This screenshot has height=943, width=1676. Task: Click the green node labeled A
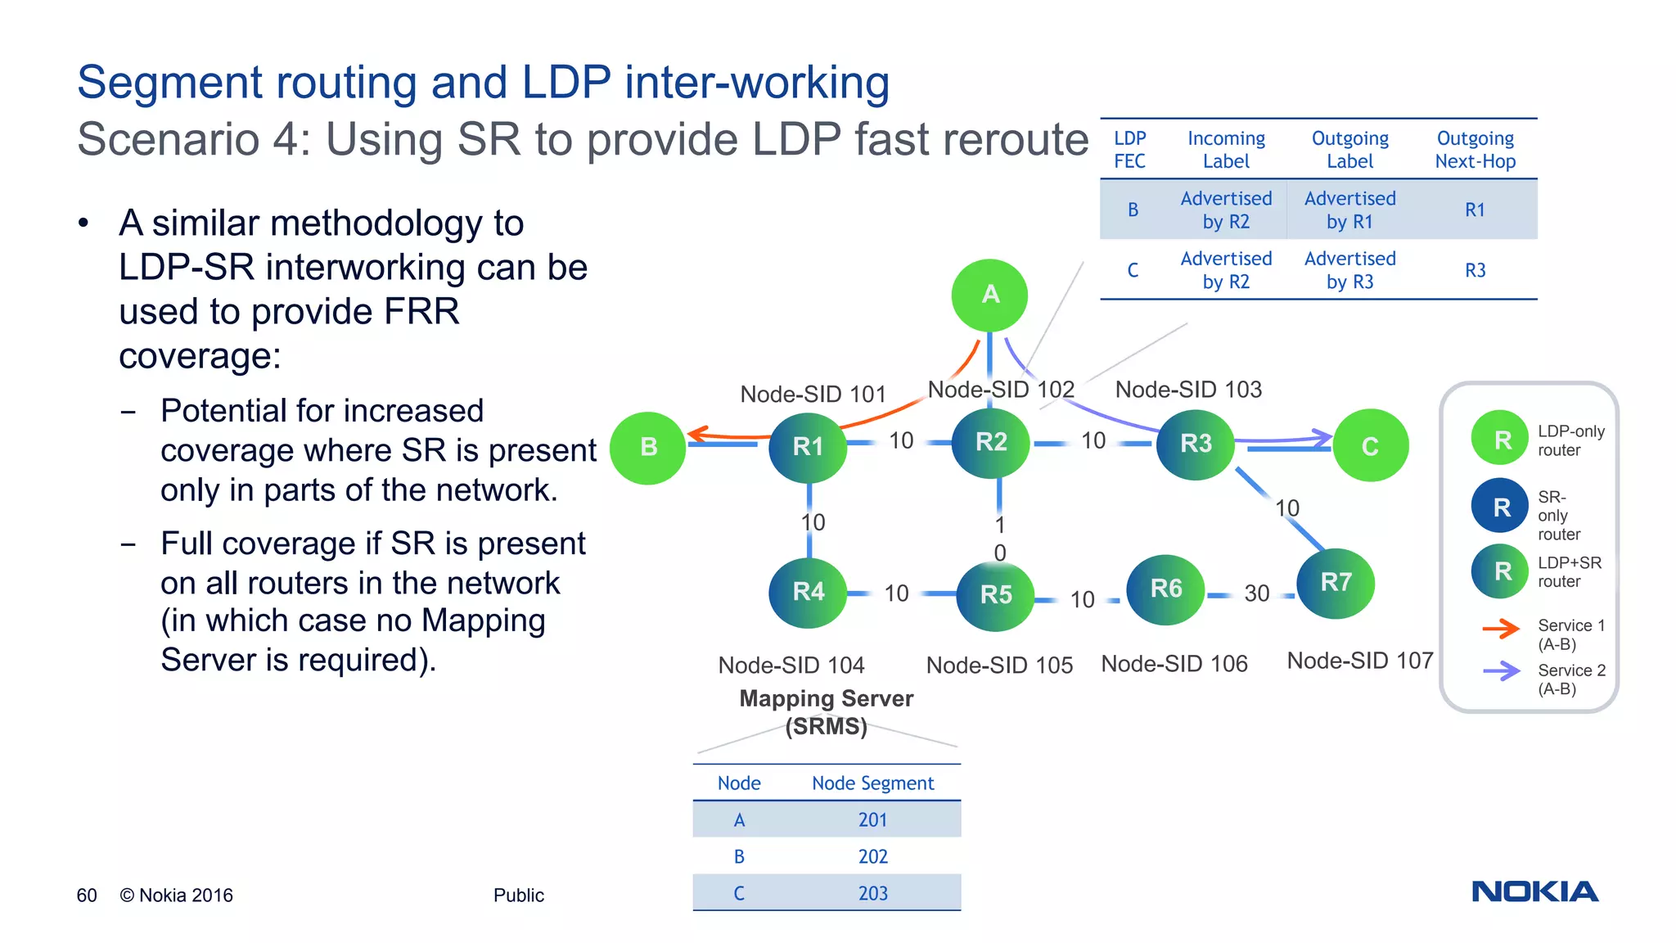[x=989, y=295]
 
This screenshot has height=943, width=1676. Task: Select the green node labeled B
[x=648, y=447]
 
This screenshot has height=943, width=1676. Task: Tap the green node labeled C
[x=1370, y=446]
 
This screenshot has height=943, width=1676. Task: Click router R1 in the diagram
[x=808, y=446]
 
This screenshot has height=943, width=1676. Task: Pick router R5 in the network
[x=995, y=594]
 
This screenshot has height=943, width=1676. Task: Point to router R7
[x=1336, y=582]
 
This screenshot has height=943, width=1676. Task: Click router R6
[x=1165, y=589]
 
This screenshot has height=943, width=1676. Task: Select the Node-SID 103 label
[x=1188, y=390]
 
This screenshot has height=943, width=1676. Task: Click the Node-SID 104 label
[x=791, y=665]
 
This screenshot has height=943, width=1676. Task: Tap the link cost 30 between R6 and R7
[x=1256, y=593]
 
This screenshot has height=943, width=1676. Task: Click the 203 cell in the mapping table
[x=872, y=893]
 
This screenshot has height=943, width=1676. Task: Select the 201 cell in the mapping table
[x=872, y=819]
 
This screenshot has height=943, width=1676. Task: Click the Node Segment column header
[x=872, y=783]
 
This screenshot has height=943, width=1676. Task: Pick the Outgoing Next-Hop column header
[x=1475, y=150]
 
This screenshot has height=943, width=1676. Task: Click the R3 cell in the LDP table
[x=1475, y=270]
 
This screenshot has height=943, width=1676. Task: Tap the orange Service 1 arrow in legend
[x=1501, y=629]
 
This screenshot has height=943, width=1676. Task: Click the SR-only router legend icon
[x=1500, y=507]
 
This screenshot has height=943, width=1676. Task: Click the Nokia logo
[x=1534, y=891]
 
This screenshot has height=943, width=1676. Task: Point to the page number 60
[x=87, y=896]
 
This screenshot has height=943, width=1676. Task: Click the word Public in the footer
[x=518, y=896]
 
